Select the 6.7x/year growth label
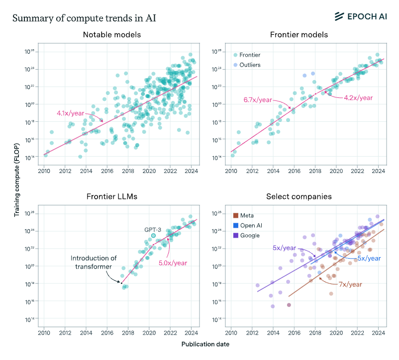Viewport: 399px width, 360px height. [x=258, y=100]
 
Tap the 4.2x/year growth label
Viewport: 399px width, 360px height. [x=358, y=98]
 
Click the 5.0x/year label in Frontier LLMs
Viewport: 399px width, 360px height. [x=169, y=264]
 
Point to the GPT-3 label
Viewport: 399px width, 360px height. [x=153, y=230]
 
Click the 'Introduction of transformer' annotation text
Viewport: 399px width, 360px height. [x=94, y=262]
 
